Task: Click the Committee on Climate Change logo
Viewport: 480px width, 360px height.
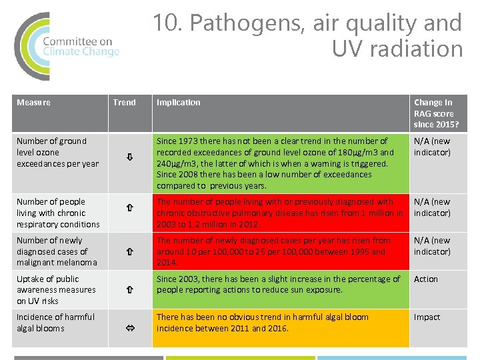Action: (67, 46)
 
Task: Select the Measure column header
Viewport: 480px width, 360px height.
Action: (33, 103)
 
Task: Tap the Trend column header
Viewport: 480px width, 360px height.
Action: (124, 103)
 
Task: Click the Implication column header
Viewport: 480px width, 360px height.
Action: (178, 103)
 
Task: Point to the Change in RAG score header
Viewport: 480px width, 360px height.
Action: (436, 113)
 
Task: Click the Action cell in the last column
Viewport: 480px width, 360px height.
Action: (426, 279)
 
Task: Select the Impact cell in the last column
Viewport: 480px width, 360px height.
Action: (427, 317)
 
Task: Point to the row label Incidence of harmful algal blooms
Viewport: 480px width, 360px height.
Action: (55, 323)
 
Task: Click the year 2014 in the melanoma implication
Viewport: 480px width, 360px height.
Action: (167, 263)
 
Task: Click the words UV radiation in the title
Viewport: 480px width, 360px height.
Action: (397, 49)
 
